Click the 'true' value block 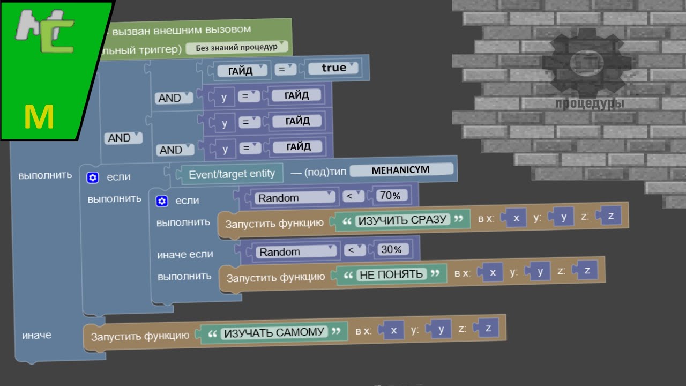(x=334, y=68)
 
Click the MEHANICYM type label (x=401, y=170)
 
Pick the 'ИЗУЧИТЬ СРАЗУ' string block (x=402, y=220)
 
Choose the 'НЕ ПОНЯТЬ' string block (x=392, y=274)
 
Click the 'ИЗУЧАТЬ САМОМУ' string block (x=274, y=332)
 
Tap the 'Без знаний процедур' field (x=236, y=47)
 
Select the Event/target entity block (x=232, y=174)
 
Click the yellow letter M (x=39, y=117)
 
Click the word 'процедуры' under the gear (x=590, y=103)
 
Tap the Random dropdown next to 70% (x=295, y=198)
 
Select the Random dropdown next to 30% (x=296, y=251)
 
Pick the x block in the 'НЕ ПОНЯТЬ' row (x=493, y=272)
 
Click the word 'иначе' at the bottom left (x=36, y=335)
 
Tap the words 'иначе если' (x=185, y=254)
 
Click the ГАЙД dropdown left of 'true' (x=242, y=70)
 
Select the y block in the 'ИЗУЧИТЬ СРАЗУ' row (x=564, y=217)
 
